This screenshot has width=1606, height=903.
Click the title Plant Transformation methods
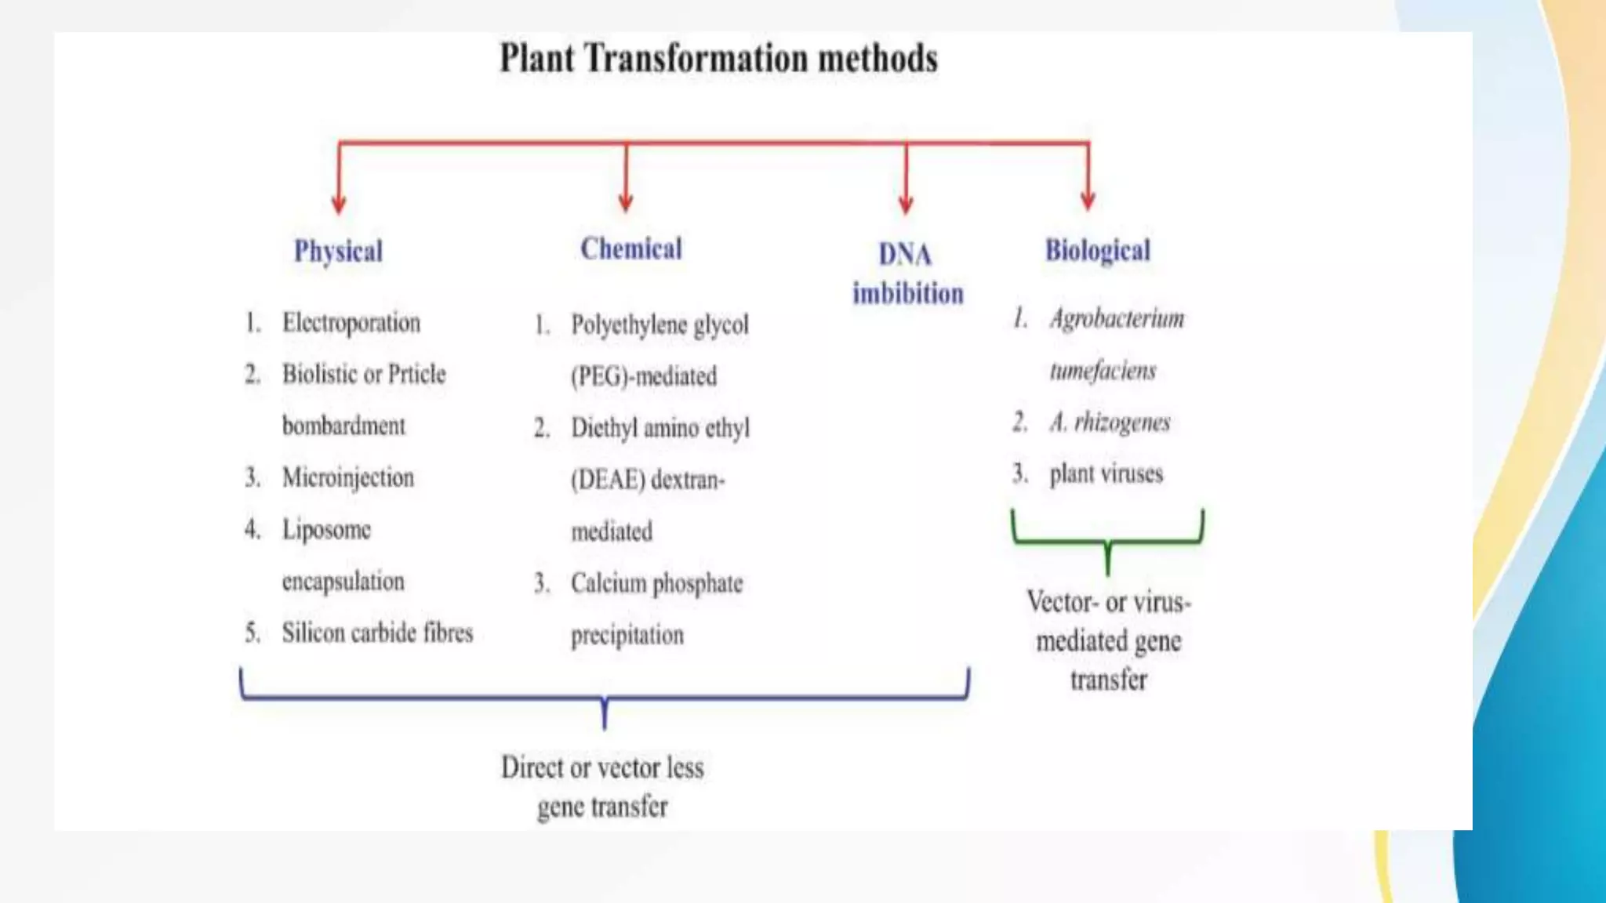[718, 59]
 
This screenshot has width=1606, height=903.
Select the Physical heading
[338, 252]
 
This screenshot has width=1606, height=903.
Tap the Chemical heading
[631, 249]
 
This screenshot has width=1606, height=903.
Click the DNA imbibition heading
[907, 274]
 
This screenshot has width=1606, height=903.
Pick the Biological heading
[1097, 251]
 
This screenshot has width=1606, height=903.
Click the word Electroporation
[351, 323]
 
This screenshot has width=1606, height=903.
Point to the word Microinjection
[348, 477]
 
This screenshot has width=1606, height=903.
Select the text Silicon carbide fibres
[377, 633]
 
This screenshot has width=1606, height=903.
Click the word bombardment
[343, 426]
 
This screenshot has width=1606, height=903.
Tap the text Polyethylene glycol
[659, 325]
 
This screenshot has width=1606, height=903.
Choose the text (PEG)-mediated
[643, 376]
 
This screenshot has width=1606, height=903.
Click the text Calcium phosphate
[656, 583]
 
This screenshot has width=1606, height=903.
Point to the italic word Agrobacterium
[1117, 319]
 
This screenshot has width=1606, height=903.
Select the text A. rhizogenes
[1110, 422]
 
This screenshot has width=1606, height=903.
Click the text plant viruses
[1106, 473]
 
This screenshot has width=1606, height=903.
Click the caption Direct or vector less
[602, 767]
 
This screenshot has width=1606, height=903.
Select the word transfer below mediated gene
[1108, 680]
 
